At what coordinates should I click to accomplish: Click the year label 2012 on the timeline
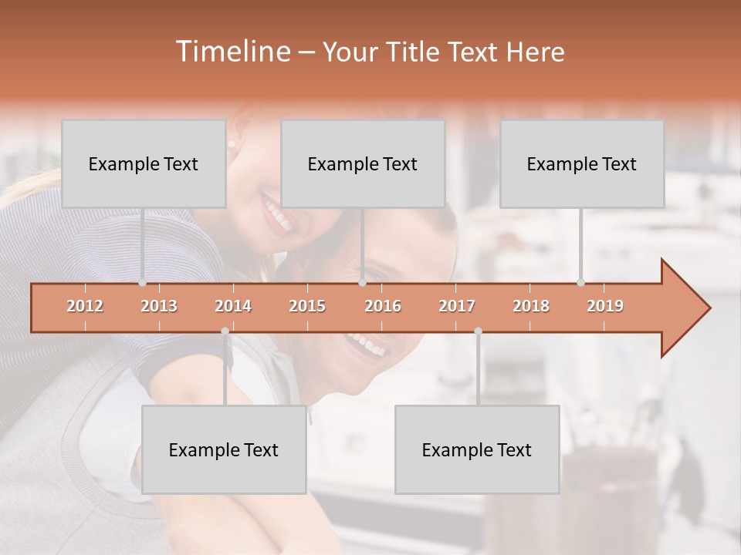(x=85, y=306)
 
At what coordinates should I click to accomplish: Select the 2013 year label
(x=159, y=306)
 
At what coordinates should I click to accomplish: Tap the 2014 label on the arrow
(x=233, y=306)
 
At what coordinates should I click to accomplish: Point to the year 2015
(x=307, y=306)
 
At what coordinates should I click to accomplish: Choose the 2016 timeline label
(x=383, y=306)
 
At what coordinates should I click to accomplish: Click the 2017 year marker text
(x=457, y=306)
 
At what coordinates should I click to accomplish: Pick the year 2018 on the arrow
(x=531, y=306)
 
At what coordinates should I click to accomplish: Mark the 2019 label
(x=605, y=306)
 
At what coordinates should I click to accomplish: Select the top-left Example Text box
(x=144, y=164)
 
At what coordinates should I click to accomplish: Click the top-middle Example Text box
(x=363, y=164)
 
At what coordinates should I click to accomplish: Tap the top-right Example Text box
(x=582, y=164)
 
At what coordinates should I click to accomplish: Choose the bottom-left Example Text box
(x=224, y=450)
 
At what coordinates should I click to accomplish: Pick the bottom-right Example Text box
(x=477, y=450)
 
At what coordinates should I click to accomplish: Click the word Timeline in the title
(x=232, y=52)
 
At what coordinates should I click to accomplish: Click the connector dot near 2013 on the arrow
(x=142, y=283)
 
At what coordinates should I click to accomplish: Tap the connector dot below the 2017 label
(x=478, y=331)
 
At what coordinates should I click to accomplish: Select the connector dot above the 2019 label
(x=580, y=283)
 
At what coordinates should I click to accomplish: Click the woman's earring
(x=231, y=143)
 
